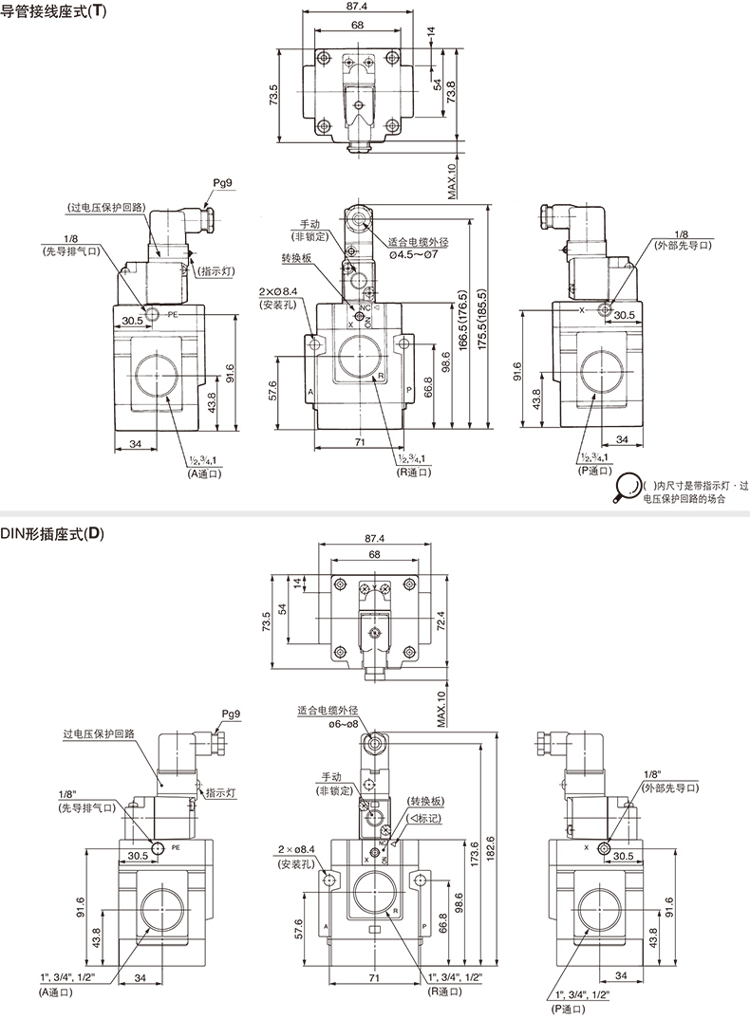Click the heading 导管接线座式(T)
53,11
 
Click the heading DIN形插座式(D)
52,534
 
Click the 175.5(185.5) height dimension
482,320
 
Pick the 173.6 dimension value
473,854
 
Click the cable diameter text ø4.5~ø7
414,253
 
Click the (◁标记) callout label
424,818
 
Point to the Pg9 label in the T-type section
222,183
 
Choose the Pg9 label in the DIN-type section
231,713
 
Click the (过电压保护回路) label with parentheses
104,207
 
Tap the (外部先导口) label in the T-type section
683,245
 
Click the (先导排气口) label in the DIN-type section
86,807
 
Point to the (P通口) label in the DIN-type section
567,1009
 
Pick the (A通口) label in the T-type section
204,473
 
